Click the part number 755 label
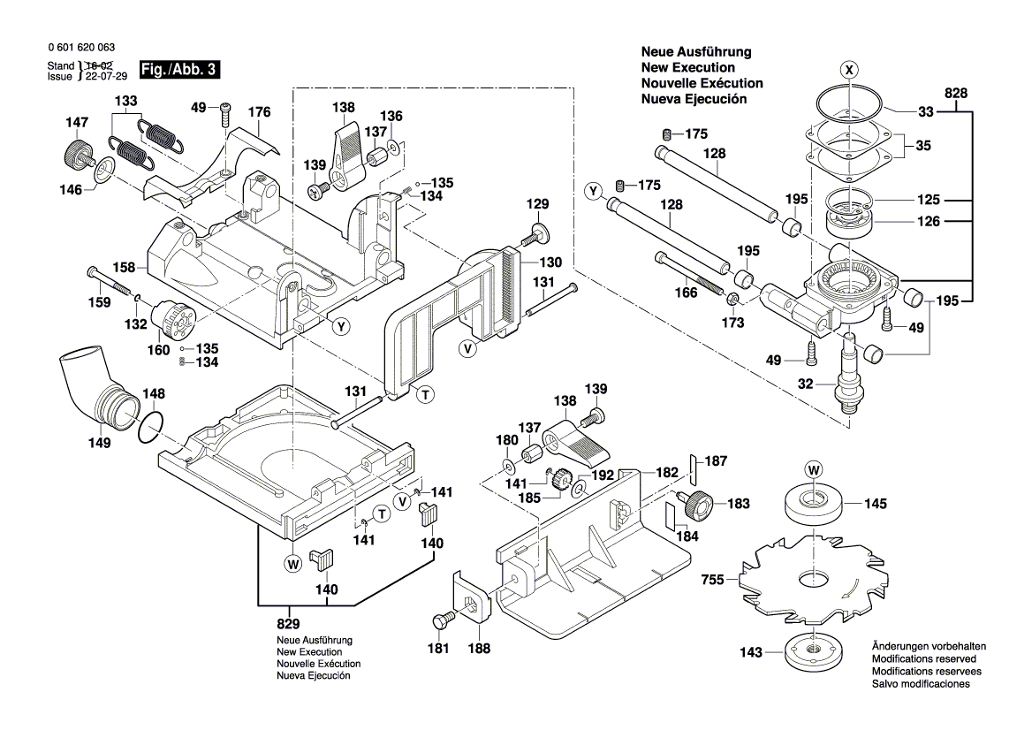click(x=712, y=580)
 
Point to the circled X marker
click(x=848, y=69)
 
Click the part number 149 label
click(x=99, y=443)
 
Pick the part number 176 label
click(x=259, y=112)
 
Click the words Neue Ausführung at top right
click(x=695, y=52)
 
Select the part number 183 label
click(x=738, y=503)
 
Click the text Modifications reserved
click(x=923, y=659)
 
